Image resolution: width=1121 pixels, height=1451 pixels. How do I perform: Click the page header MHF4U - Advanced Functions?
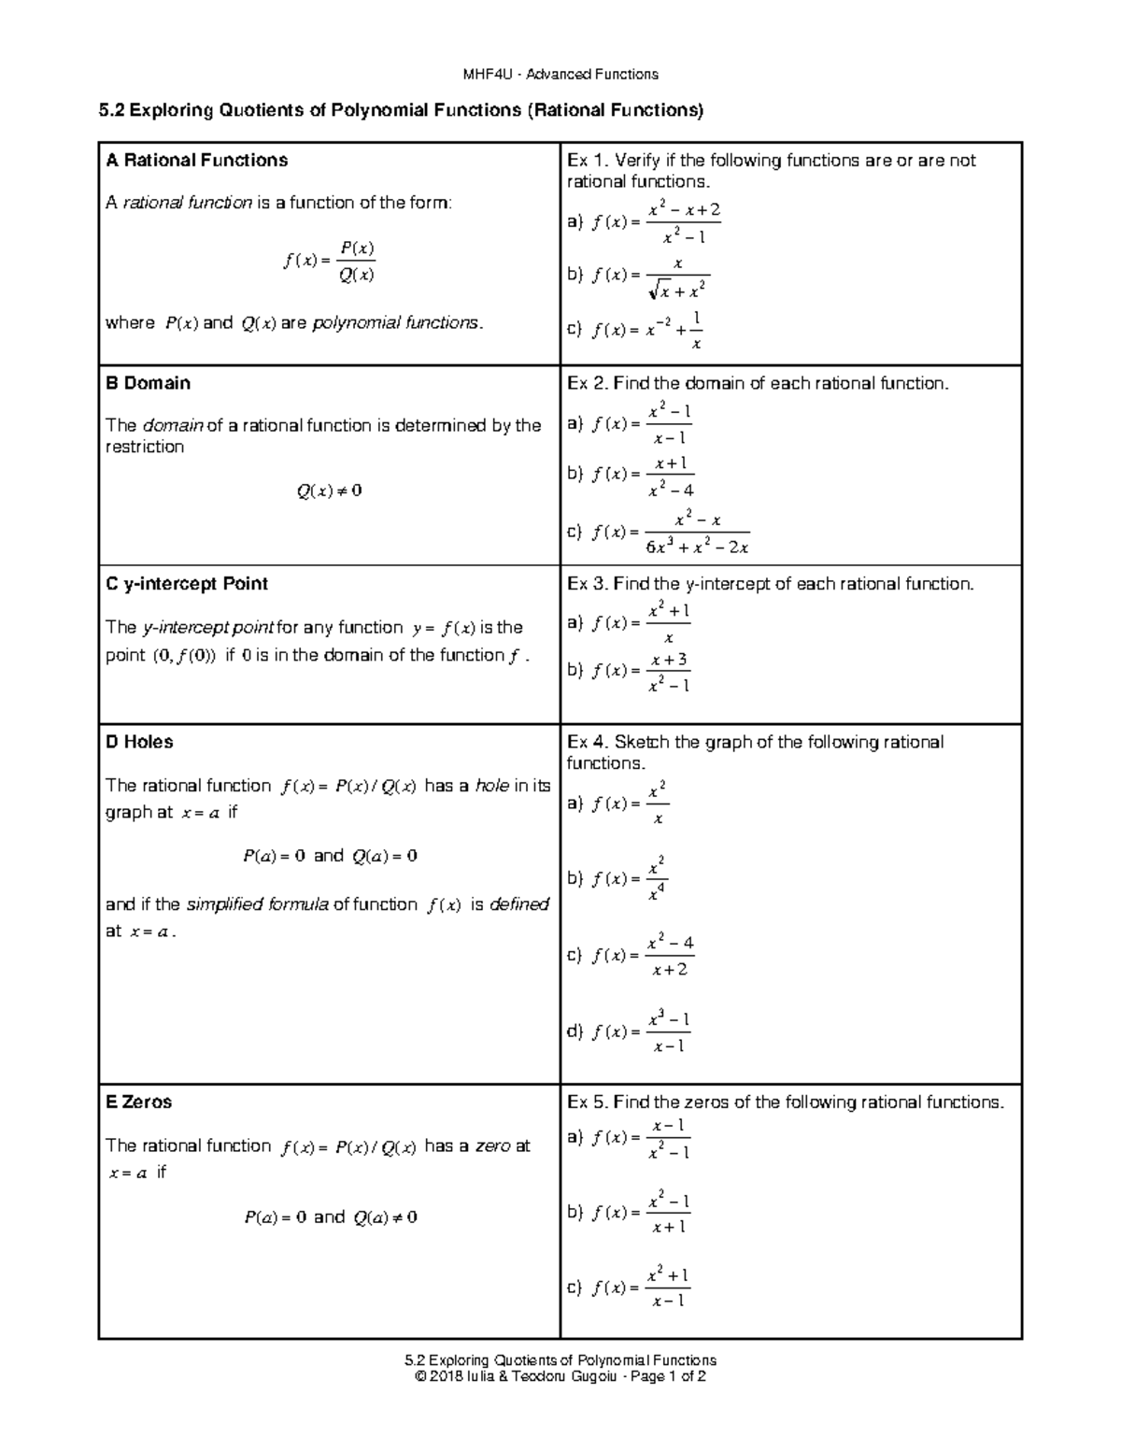(x=560, y=74)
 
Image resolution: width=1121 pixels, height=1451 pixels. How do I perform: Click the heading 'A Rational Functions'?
(x=197, y=161)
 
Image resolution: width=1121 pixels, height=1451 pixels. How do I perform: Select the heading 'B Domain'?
(x=149, y=383)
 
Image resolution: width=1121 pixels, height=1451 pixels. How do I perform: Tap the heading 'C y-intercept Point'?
(x=187, y=584)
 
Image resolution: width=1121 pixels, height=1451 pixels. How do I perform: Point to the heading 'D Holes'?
(x=140, y=742)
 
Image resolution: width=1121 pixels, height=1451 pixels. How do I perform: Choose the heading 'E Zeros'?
(x=139, y=1102)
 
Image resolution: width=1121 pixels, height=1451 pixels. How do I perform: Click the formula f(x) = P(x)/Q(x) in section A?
(x=329, y=262)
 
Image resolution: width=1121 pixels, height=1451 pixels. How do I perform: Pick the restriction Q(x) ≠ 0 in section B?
(x=329, y=491)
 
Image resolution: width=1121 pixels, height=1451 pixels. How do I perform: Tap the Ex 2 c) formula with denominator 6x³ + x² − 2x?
(x=671, y=533)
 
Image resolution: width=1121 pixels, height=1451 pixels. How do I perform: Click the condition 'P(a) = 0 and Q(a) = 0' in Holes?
(x=329, y=856)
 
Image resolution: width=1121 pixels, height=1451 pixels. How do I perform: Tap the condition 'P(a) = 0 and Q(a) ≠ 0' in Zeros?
(x=330, y=1217)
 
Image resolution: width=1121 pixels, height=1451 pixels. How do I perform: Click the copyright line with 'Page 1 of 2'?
(x=560, y=1376)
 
